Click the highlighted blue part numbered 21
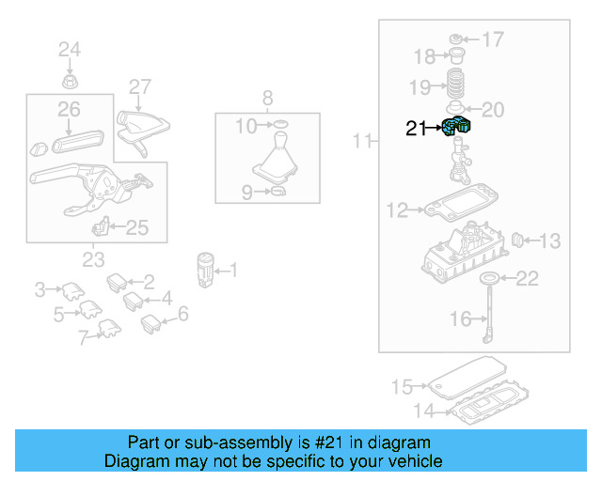pyautogui.click(x=458, y=126)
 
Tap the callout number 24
pyautogui.click(x=71, y=49)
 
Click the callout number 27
pyautogui.click(x=140, y=87)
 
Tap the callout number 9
pyautogui.click(x=247, y=193)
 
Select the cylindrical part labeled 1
pyautogui.click(x=207, y=269)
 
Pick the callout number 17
pyautogui.click(x=493, y=39)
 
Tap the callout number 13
pyautogui.click(x=548, y=241)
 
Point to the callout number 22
pyautogui.click(x=529, y=278)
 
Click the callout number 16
pyautogui.click(x=460, y=319)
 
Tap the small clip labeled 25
pyautogui.click(x=101, y=226)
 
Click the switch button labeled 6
pyautogui.click(x=151, y=324)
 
